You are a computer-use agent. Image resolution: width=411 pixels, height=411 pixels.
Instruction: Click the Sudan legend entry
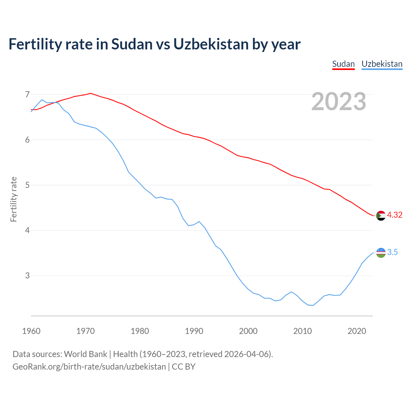pyautogui.click(x=343, y=64)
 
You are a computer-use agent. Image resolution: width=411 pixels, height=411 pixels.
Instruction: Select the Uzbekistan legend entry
pyautogui.click(x=382, y=64)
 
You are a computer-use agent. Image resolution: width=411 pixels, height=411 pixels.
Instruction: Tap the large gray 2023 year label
pyautogui.click(x=339, y=101)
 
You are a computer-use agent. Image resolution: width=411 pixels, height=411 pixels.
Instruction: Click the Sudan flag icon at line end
pyautogui.click(x=381, y=215)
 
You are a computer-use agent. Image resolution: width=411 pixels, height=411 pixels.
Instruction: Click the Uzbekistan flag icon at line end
pyautogui.click(x=381, y=253)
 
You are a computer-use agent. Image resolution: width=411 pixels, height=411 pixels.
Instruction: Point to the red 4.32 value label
pyautogui.click(x=395, y=215)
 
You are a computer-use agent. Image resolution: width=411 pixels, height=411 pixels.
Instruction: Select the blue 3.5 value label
pyautogui.click(x=392, y=252)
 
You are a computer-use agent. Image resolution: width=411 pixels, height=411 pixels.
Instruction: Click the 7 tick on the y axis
pyautogui.click(x=27, y=94)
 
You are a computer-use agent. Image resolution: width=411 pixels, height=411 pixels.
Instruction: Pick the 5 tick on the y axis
pyautogui.click(x=27, y=185)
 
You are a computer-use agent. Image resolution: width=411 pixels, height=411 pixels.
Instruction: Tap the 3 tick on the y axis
pyautogui.click(x=27, y=275)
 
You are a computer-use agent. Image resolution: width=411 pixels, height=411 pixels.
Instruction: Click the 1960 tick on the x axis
pyautogui.click(x=31, y=331)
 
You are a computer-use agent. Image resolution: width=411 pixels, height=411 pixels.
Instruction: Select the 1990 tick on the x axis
pyautogui.click(x=194, y=331)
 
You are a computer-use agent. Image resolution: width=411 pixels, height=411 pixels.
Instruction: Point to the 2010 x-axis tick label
pyautogui.click(x=302, y=331)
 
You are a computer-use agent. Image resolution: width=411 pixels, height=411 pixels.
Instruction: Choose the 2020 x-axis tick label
pyautogui.click(x=357, y=331)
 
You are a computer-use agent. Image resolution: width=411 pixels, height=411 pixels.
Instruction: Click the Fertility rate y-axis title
pyautogui.click(x=13, y=199)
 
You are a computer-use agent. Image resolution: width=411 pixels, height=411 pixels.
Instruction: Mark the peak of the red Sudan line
pyautogui.click(x=91, y=93)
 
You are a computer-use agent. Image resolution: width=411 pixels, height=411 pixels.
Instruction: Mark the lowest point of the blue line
pyautogui.click(x=313, y=305)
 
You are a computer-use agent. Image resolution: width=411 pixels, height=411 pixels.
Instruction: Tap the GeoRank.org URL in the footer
pyautogui.click(x=89, y=367)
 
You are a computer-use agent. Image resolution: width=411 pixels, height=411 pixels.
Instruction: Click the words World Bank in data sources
pyautogui.click(x=85, y=354)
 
